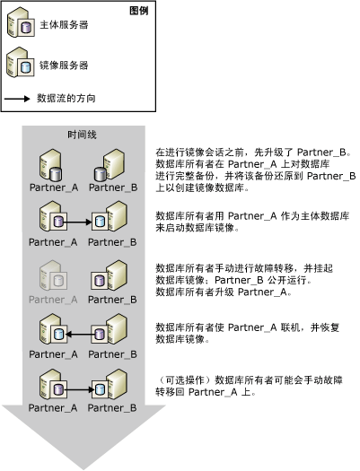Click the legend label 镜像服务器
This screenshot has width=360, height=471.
[x=64, y=65]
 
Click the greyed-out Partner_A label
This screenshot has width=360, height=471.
[x=53, y=299]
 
